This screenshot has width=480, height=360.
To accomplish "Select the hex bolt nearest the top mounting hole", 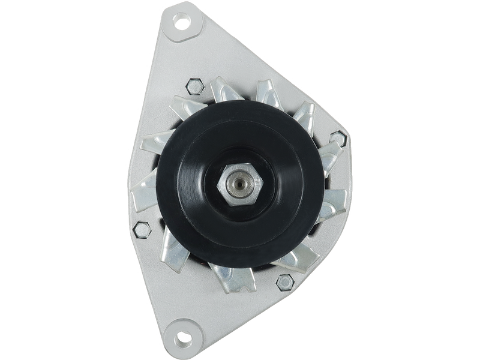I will tap(194, 86).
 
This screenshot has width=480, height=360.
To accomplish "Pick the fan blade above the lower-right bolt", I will tap(300, 255).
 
